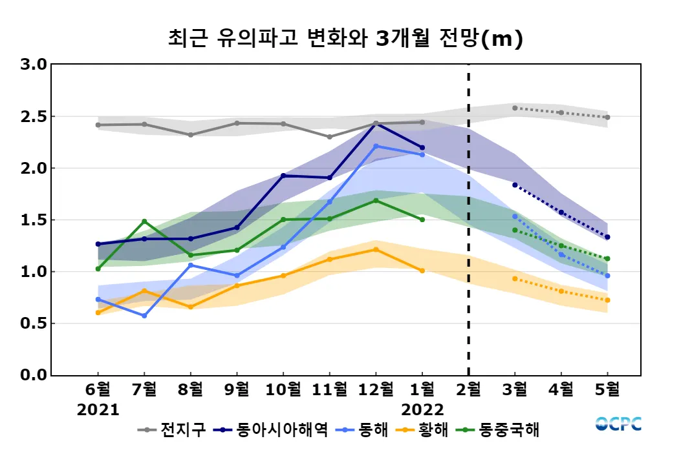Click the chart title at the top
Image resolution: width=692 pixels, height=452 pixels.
pyautogui.click(x=345, y=39)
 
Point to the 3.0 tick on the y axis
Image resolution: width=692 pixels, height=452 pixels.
pyautogui.click(x=33, y=65)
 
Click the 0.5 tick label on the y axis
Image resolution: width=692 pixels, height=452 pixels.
pyautogui.click(x=33, y=323)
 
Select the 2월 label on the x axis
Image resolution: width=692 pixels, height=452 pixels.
pyautogui.click(x=469, y=390)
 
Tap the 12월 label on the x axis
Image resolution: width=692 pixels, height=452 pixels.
pyautogui.click(x=376, y=390)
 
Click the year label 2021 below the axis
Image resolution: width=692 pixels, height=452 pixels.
pyautogui.click(x=98, y=410)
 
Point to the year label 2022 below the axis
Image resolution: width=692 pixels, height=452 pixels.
pyautogui.click(x=422, y=410)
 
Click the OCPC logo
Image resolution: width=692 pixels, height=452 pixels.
pyautogui.click(x=618, y=424)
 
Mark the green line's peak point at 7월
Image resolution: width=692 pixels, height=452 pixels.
pyautogui.click(x=144, y=221)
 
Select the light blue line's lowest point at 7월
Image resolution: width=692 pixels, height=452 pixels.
pyautogui.click(x=144, y=316)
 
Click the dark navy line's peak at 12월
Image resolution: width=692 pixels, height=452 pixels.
pyautogui.click(x=376, y=124)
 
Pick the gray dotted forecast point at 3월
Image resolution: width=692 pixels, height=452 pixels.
pyautogui.click(x=515, y=108)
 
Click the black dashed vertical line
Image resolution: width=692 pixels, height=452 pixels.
pyautogui.click(x=469, y=220)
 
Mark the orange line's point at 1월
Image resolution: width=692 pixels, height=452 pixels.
pyautogui.click(x=422, y=271)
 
